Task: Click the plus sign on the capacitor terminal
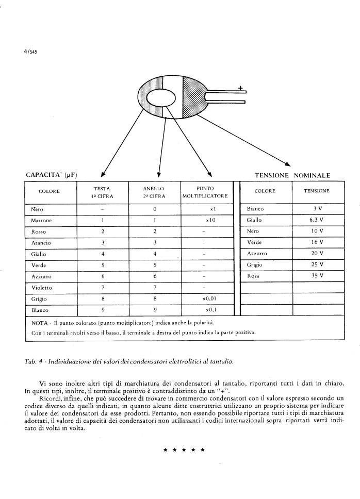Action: pyautogui.click(x=240, y=88)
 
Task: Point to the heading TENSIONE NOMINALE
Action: pyautogui.click(x=292, y=176)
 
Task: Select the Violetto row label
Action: pyautogui.click(x=42, y=288)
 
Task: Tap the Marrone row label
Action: pyautogui.click(x=42, y=220)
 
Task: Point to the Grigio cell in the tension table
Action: pyautogui.click(x=255, y=265)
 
